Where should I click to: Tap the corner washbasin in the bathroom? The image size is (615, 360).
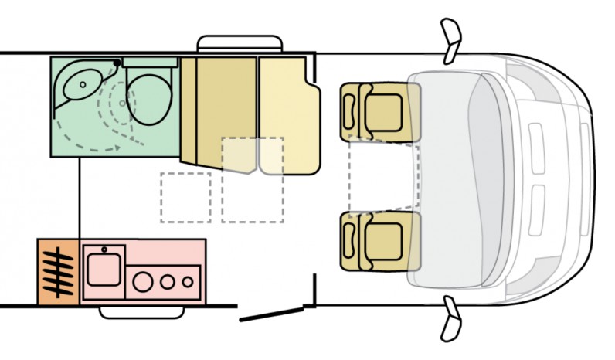(80, 84)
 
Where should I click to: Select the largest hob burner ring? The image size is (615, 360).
(143, 281)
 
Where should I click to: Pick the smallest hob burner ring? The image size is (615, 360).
(188, 281)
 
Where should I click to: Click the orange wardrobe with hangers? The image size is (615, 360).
(58, 271)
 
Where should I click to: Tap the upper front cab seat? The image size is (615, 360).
(381, 110)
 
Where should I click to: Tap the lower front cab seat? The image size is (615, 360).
(381, 241)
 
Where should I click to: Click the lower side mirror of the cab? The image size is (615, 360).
(450, 319)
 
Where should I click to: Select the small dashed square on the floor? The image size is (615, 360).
(185, 197)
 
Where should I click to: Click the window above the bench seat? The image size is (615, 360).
(239, 43)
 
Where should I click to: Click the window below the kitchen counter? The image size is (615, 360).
(142, 311)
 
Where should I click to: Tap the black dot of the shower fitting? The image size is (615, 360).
(117, 63)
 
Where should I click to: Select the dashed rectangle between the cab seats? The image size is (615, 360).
(383, 175)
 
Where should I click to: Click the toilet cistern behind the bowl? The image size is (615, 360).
(150, 62)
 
